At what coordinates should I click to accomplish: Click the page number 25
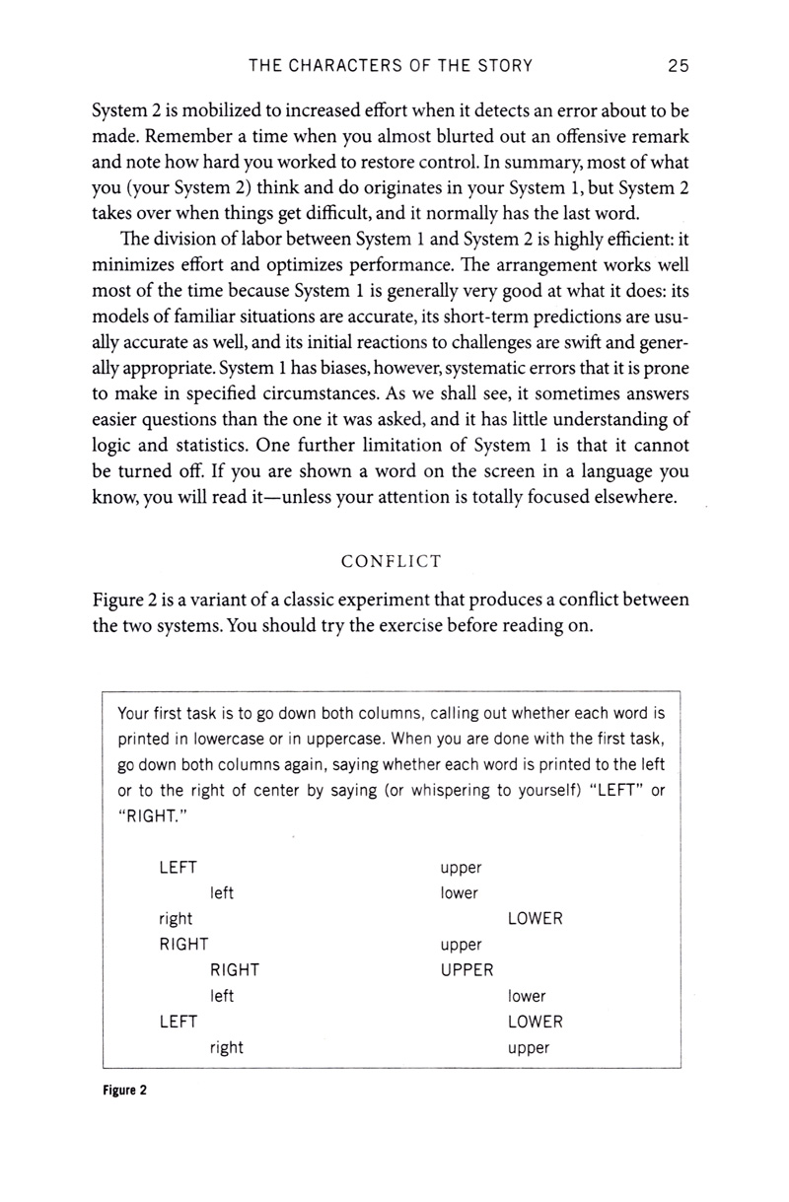[678, 66]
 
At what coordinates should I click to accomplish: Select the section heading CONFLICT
[391, 562]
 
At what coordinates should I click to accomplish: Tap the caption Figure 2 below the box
[123, 1093]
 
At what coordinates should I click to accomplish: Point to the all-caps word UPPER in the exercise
[466, 970]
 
